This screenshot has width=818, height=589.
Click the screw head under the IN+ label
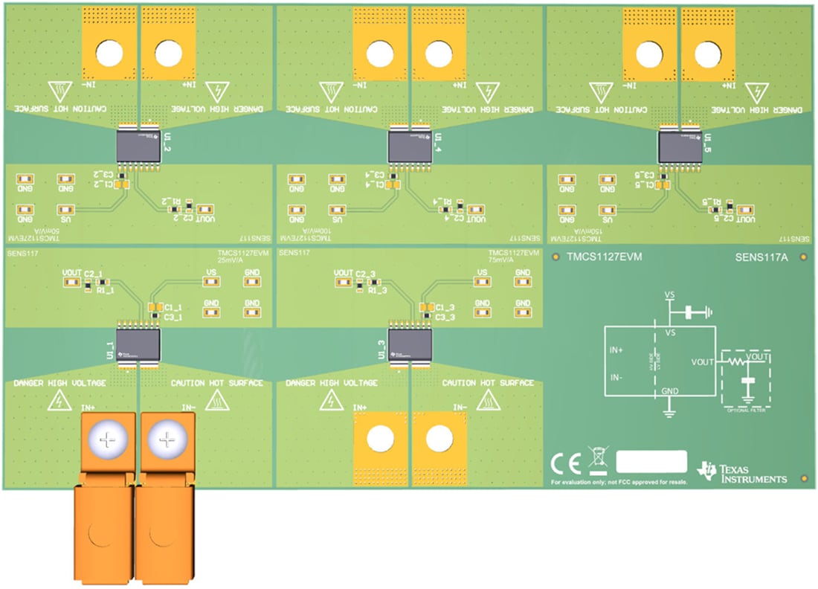pyautogui.click(x=108, y=441)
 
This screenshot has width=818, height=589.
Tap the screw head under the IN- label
pyautogui.click(x=167, y=441)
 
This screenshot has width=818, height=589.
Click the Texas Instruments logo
pyautogui.click(x=742, y=471)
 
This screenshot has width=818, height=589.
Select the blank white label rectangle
pyautogui.click(x=651, y=461)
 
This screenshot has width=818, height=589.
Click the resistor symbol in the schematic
pyautogui.click(x=735, y=362)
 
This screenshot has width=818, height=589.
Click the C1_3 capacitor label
pyautogui.click(x=445, y=307)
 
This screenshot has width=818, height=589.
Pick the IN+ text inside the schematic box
pyautogui.click(x=616, y=348)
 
